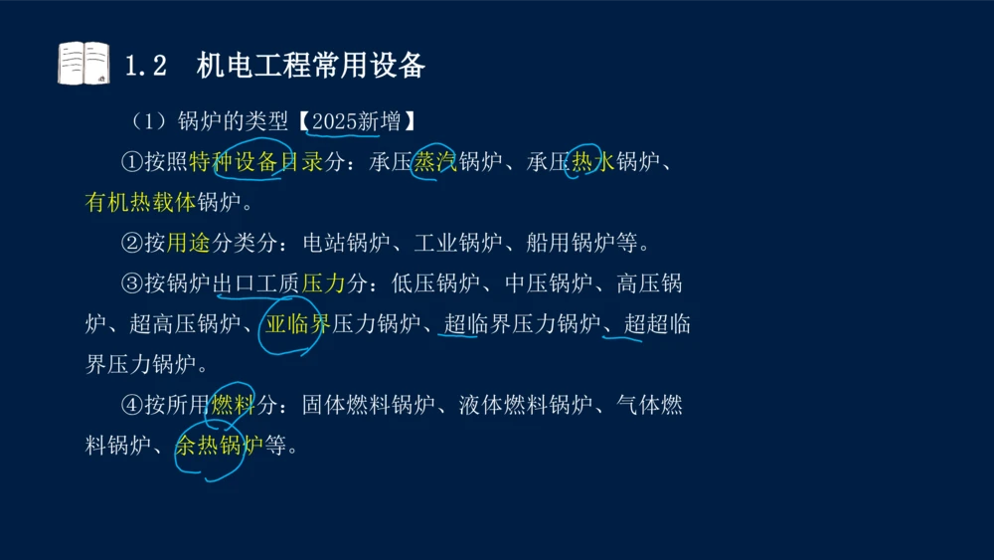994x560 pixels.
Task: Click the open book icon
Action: tap(83, 63)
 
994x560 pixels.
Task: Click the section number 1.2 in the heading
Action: tap(145, 66)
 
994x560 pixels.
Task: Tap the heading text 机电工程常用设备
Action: tap(311, 66)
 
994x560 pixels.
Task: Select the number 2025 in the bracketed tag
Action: tap(334, 122)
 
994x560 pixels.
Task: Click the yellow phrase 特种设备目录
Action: tap(255, 163)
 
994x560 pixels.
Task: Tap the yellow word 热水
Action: tap(592, 163)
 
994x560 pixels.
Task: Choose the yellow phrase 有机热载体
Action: tap(141, 203)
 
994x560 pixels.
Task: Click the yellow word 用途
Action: tap(188, 243)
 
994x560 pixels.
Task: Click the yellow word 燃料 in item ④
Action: tap(233, 405)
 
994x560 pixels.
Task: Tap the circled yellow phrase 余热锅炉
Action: tap(220, 445)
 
